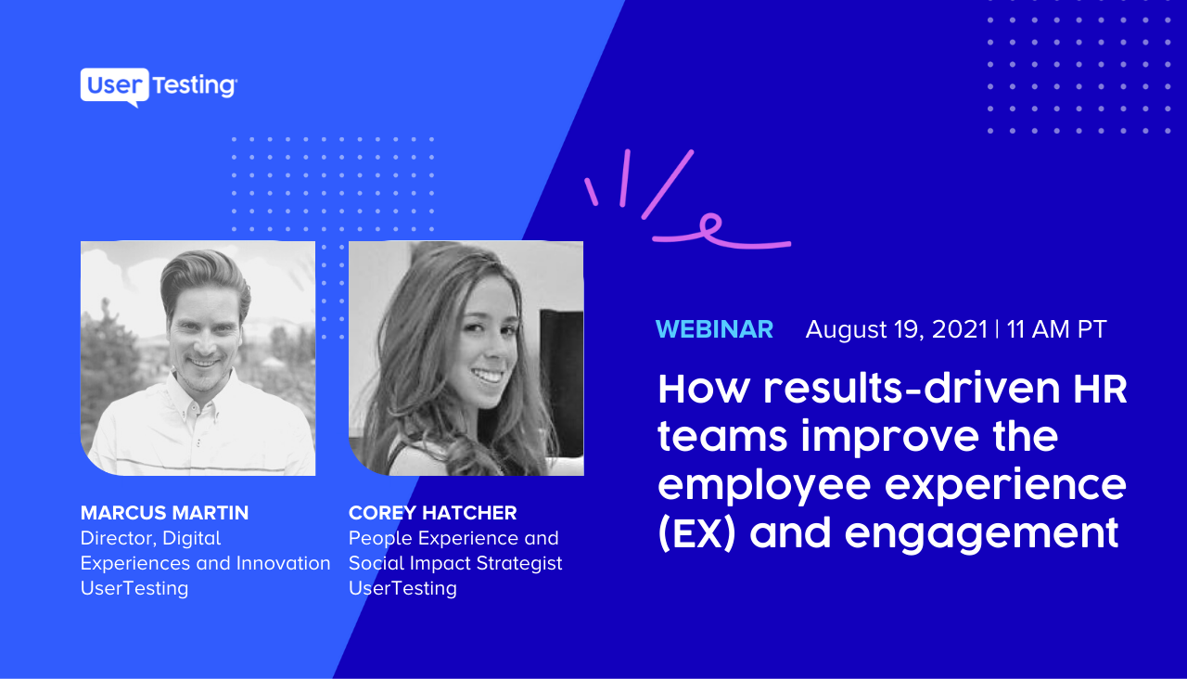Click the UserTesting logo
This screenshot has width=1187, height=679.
[x=159, y=86]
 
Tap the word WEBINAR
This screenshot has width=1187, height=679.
[x=714, y=329]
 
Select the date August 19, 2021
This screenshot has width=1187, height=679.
[x=896, y=329]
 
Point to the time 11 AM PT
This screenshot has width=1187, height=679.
[x=1056, y=329]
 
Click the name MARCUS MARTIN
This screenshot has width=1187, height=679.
[x=164, y=513]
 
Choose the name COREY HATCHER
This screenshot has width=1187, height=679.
[x=432, y=513]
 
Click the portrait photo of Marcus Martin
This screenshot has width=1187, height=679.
[x=198, y=358]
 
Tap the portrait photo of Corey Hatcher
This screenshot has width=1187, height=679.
[x=466, y=358]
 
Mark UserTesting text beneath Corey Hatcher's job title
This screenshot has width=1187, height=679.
[x=402, y=588]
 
